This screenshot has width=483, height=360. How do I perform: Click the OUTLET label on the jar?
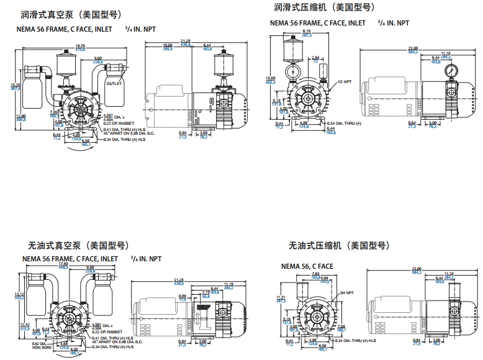114,83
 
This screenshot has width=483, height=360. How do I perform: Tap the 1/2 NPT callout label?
345,82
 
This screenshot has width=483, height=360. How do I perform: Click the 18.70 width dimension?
80,45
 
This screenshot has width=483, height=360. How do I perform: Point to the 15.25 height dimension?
16,85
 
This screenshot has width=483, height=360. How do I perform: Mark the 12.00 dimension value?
20,117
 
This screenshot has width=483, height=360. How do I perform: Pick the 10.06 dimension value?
168,45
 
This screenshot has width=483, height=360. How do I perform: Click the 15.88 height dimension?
270,79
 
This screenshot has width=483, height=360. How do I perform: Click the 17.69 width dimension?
81,264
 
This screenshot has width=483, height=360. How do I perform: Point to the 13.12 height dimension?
19,294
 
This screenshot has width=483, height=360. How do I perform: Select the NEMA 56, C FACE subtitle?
307,266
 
